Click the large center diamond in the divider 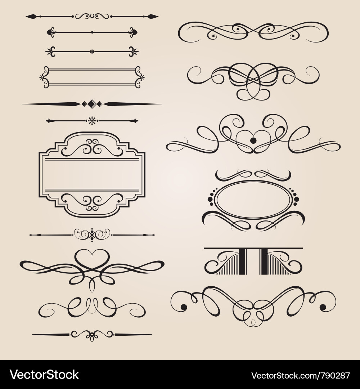(92, 104)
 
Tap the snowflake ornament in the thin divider (92, 121)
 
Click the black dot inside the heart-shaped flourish (253, 140)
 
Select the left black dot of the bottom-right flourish (184, 307)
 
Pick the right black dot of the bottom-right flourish (323, 307)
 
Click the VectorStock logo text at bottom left (44, 375)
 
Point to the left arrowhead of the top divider (31, 16)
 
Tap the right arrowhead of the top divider (153, 16)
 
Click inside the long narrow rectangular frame (92, 77)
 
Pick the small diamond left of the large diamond (84, 104)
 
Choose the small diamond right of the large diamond (100, 104)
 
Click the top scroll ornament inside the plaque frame (92, 147)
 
